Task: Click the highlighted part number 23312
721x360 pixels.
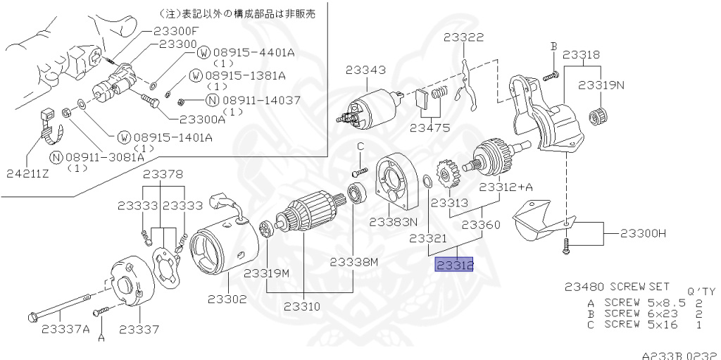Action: pyautogui.click(x=455, y=265)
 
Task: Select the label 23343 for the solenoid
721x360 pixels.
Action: pyautogui.click(x=365, y=70)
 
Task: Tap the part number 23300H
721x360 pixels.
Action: pyautogui.click(x=641, y=233)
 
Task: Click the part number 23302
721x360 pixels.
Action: pyautogui.click(x=227, y=299)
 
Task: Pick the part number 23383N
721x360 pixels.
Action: pyautogui.click(x=394, y=221)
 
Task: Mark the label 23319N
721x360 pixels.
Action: pyautogui.click(x=601, y=85)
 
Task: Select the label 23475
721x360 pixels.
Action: pyautogui.click(x=430, y=128)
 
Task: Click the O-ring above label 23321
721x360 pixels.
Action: pyautogui.click(x=427, y=182)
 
